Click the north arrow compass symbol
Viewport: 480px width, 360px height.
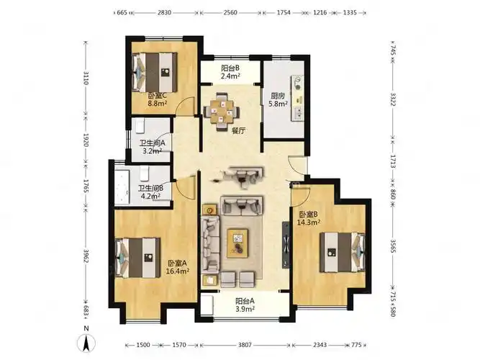coord(86,343)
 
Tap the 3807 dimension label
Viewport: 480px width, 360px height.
coord(245,345)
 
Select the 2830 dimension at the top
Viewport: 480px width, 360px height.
coord(164,12)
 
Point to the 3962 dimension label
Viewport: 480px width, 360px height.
coord(86,255)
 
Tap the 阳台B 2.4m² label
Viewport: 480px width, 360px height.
coord(230,72)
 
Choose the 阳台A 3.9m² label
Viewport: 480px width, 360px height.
coord(245,305)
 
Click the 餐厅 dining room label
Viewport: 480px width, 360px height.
coord(239,131)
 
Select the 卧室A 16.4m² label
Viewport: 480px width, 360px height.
coord(177,267)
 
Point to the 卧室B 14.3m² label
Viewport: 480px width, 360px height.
coord(309,218)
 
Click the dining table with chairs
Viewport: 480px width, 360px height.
coord(222,112)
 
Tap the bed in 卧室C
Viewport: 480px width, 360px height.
coord(155,72)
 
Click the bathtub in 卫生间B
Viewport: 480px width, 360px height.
coord(122,187)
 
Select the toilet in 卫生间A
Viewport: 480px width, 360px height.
coord(140,126)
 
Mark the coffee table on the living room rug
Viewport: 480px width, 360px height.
coord(237,243)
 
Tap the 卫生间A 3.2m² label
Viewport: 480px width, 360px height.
coord(153,147)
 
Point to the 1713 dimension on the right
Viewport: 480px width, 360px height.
coord(393,161)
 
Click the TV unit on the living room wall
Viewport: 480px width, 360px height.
coord(286,244)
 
